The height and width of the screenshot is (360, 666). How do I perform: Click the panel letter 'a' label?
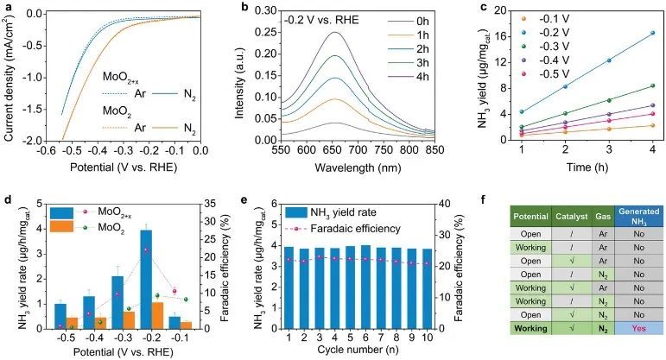click(x=7, y=7)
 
